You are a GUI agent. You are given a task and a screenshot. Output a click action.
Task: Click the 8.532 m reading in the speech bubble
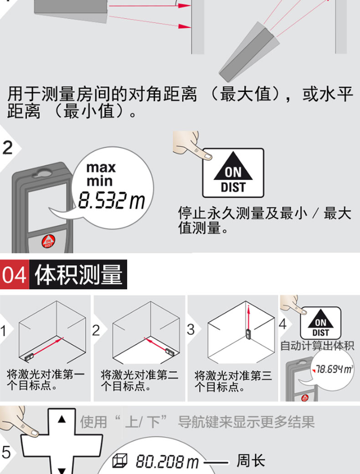click(112, 200)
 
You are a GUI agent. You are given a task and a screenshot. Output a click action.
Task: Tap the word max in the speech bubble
click(101, 167)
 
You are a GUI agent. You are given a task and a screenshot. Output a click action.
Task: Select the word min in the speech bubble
click(99, 181)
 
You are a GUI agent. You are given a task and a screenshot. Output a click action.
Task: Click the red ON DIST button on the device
click(48, 242)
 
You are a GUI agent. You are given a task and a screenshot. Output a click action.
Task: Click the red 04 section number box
click(15, 274)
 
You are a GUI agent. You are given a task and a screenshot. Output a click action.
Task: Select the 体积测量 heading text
click(78, 274)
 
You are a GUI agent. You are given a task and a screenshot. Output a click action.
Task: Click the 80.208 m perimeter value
click(167, 462)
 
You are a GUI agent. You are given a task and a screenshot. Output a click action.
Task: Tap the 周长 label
click(251, 461)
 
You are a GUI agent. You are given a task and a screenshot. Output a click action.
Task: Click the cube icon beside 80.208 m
click(120, 461)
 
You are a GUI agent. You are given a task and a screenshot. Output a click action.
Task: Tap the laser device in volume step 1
click(29, 356)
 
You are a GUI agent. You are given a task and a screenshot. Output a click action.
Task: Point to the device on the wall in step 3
click(248, 334)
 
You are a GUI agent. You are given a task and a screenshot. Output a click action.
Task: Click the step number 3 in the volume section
click(191, 329)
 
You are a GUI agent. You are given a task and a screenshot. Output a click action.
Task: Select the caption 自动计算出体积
click(317, 345)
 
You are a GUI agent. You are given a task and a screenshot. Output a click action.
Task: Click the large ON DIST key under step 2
click(233, 173)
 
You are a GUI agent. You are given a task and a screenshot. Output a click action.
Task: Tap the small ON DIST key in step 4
click(320, 323)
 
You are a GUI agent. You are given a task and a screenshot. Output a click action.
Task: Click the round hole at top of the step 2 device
click(44, 173)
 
